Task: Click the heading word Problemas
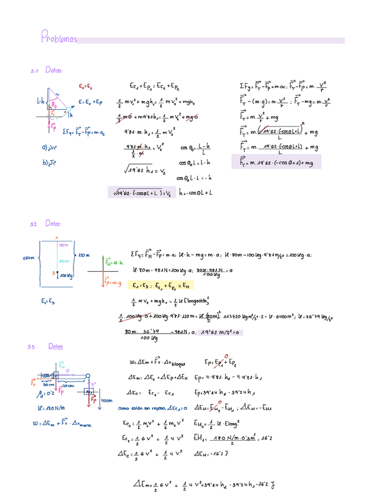[x=59, y=39]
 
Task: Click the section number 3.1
[x=34, y=71]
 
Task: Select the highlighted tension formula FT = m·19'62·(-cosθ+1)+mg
[x=276, y=161]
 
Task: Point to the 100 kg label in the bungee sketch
[x=65, y=275]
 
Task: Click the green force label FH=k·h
[x=113, y=262]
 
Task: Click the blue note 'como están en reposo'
[x=140, y=408]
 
